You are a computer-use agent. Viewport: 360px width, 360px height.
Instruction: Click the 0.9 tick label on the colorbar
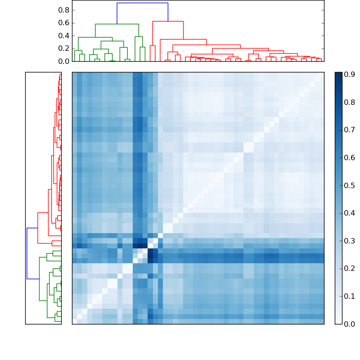coord(350,75)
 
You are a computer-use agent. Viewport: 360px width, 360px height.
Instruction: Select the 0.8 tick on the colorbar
coord(350,103)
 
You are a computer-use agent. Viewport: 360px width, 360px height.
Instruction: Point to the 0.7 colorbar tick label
coord(350,130)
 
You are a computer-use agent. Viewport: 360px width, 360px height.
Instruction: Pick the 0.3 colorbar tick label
coord(350,241)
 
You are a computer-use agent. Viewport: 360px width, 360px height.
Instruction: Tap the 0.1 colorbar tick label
coord(350,296)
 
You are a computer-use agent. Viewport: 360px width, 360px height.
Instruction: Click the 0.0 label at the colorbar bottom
coord(350,324)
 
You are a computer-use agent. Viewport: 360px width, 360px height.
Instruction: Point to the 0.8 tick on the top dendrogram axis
coord(64,10)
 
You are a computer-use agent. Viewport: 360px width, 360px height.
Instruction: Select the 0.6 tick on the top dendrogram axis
coord(64,23)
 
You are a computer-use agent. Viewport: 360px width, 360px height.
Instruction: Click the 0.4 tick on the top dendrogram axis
coord(64,36)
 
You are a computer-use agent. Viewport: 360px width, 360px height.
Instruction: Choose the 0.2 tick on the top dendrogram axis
coord(64,49)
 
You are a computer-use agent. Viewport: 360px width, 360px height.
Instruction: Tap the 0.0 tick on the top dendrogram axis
coord(64,61)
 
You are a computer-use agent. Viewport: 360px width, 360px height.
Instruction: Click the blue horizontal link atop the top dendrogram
coord(142,3)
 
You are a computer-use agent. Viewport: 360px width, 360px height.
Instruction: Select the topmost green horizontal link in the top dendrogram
coord(117,24)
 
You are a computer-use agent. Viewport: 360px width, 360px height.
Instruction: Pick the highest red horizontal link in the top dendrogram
coord(168,21)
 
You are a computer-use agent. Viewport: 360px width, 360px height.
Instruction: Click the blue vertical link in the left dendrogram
coord(27,253)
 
